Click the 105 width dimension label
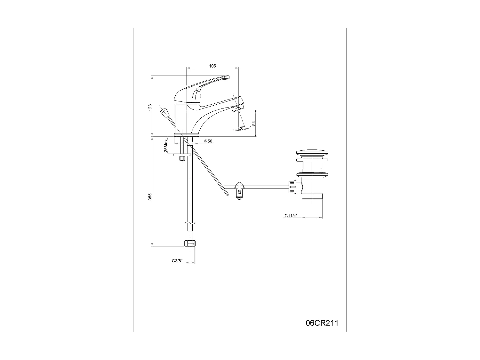(x=212, y=66)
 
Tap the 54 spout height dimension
(x=254, y=123)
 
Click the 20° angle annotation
(x=242, y=128)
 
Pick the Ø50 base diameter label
(x=208, y=141)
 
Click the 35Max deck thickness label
(x=166, y=146)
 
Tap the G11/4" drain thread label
(x=291, y=216)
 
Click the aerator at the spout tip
(x=237, y=109)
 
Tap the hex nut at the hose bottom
(x=190, y=243)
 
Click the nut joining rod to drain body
(x=292, y=187)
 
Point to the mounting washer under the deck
(x=182, y=155)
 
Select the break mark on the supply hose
(x=190, y=223)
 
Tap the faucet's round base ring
(x=186, y=135)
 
